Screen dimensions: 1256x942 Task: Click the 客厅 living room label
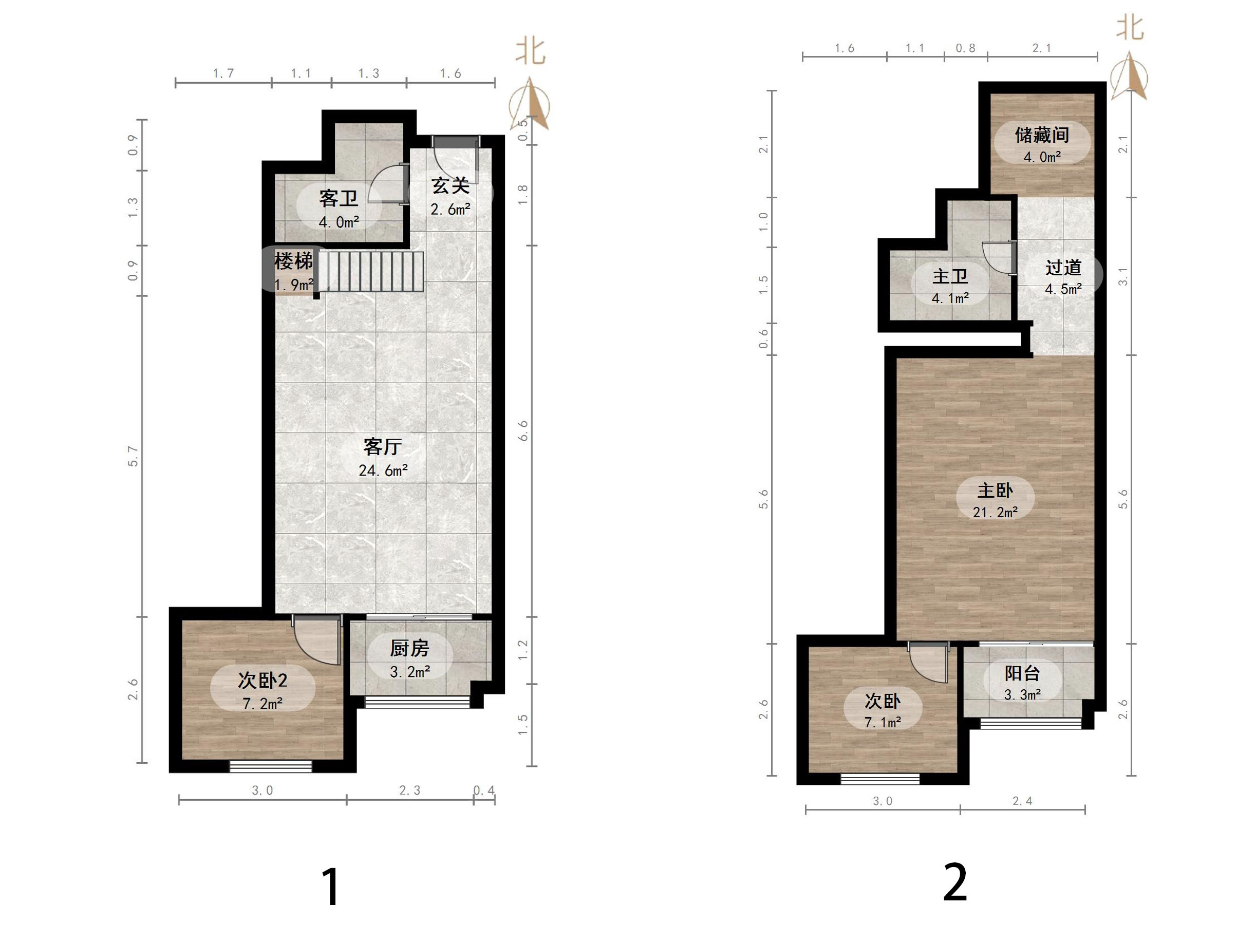point(383,447)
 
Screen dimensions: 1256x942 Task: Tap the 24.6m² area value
point(383,470)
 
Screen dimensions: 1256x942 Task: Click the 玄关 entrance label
point(451,185)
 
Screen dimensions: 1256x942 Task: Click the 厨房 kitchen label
point(409,648)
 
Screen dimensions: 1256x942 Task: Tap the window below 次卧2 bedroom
point(271,766)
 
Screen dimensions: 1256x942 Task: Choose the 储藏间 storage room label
point(1042,135)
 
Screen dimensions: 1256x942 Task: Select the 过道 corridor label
point(1063,268)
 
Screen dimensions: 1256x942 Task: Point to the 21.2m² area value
point(996,512)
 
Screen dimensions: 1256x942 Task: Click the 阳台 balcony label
point(1022,673)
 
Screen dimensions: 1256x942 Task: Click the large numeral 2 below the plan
point(955,882)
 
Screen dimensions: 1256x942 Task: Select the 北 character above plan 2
point(1130,27)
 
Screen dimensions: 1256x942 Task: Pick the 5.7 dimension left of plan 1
point(133,457)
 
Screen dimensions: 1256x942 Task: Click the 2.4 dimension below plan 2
point(1022,801)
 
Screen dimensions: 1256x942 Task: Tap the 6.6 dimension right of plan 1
point(522,431)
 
